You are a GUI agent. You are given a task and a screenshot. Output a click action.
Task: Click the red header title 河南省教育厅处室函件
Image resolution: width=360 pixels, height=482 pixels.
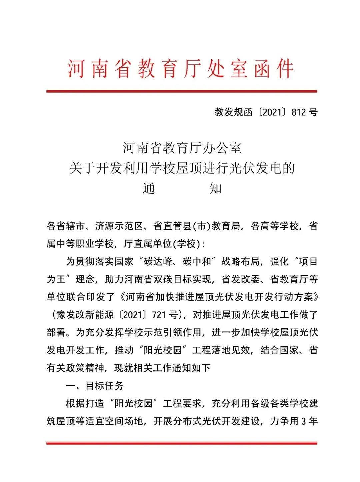pyautogui.click(x=181, y=69)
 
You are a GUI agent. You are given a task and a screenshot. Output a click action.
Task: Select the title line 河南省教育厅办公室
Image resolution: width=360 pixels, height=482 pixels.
pyautogui.click(x=182, y=148)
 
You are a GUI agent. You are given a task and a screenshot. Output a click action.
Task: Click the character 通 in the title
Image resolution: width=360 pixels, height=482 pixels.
pyautogui.click(x=149, y=189)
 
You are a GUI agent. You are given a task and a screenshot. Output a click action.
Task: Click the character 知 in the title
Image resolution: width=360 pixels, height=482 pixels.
pyautogui.click(x=215, y=189)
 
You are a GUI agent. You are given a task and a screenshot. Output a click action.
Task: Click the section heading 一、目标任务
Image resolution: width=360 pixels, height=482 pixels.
pyautogui.click(x=95, y=386)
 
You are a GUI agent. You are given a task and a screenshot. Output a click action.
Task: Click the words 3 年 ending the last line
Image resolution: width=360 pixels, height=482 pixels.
pyautogui.click(x=309, y=421)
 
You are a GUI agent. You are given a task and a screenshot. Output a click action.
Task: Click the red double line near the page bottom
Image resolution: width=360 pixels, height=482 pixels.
pyautogui.click(x=182, y=443)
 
